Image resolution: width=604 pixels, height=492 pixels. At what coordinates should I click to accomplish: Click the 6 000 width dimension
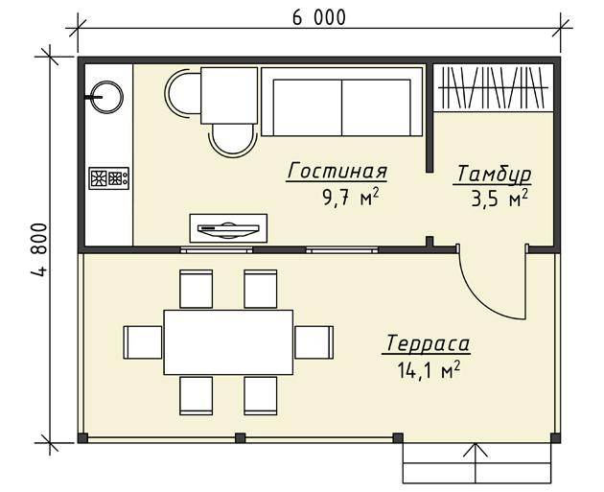click(x=319, y=17)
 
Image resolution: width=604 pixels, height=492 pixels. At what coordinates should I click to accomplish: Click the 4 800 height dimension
click(x=39, y=249)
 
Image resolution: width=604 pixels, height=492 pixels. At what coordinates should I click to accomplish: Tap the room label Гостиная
click(x=337, y=172)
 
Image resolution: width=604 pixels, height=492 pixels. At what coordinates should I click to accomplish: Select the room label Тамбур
click(x=492, y=175)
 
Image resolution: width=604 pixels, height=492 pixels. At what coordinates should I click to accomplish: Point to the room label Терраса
click(x=427, y=343)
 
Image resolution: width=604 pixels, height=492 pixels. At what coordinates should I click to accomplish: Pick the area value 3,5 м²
click(x=499, y=199)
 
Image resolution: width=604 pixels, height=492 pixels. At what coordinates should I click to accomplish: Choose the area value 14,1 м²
click(x=429, y=370)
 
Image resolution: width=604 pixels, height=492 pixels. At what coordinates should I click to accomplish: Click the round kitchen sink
click(x=106, y=97)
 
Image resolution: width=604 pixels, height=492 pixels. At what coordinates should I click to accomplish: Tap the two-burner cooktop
click(x=109, y=178)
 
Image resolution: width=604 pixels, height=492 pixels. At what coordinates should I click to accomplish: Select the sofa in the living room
click(x=342, y=102)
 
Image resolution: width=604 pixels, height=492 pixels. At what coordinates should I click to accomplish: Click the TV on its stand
click(x=228, y=229)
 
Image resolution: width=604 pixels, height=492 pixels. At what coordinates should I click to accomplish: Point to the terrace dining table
click(x=228, y=342)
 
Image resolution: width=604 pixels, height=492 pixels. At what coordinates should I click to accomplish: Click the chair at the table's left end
click(x=143, y=342)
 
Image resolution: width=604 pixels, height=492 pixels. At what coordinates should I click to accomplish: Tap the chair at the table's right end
click(x=314, y=342)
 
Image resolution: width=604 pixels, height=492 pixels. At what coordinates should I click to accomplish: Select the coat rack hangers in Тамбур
click(x=494, y=88)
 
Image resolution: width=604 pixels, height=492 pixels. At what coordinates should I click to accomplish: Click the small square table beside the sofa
click(x=229, y=96)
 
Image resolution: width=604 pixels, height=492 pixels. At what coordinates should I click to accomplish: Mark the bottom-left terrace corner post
click(x=82, y=438)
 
